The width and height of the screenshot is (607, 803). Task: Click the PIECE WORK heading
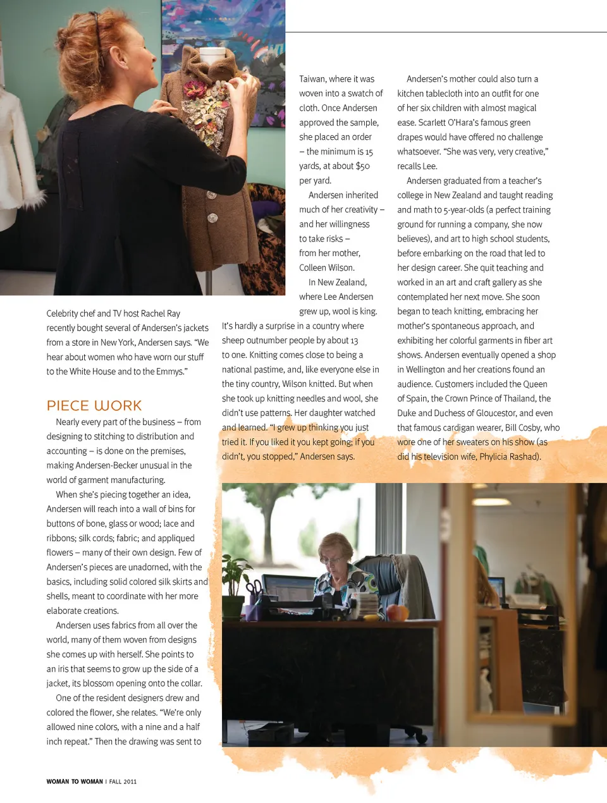94,406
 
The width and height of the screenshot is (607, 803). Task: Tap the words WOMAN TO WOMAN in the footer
75,782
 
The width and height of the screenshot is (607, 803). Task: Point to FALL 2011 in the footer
123,782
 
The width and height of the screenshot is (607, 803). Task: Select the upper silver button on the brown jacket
212,196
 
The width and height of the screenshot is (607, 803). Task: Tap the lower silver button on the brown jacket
213,219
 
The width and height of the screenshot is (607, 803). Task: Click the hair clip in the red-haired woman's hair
97,25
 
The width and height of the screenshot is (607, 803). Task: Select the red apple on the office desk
396,611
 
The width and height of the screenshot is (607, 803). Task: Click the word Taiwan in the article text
312,79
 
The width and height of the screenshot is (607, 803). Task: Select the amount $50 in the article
362,166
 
